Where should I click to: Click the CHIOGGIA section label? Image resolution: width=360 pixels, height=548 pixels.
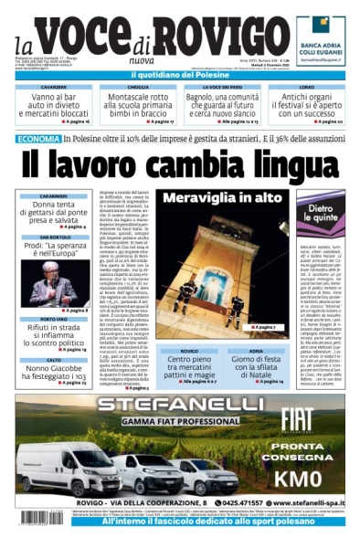pos(138,88)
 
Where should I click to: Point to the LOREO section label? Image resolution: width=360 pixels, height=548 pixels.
pos(306,88)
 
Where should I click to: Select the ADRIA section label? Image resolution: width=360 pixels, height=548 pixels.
pos(257,350)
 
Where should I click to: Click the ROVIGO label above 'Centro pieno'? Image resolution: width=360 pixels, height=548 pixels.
pos(188,350)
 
